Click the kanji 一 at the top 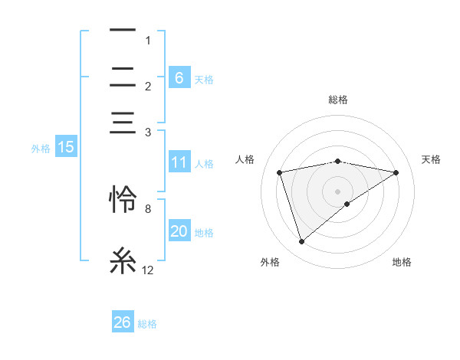123,31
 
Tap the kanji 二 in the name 123,77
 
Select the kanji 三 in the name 123,122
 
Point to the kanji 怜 123,198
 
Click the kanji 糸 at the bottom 123,260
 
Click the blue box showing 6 179,78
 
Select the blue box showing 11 179,163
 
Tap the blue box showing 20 179,232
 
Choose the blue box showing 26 122,322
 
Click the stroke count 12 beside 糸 147,270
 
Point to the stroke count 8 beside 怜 147,208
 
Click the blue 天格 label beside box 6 204,79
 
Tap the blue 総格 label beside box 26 147,324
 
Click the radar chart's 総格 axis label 338,100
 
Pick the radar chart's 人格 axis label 245,159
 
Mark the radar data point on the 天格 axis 396,172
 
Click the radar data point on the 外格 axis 301,242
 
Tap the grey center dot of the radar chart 338,191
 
